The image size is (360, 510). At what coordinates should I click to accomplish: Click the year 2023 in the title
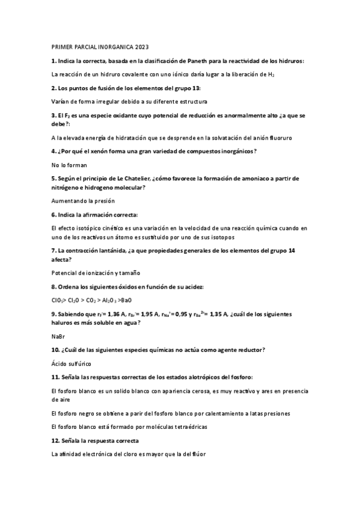tap(141, 46)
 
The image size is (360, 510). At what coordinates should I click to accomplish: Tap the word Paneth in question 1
tap(201, 61)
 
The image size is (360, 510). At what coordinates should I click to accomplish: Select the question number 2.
tap(53, 88)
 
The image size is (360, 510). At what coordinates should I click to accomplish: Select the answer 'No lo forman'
tap(69, 164)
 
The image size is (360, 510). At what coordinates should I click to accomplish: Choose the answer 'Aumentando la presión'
tap(83, 200)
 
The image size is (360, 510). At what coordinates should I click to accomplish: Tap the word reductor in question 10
tap(248, 349)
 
